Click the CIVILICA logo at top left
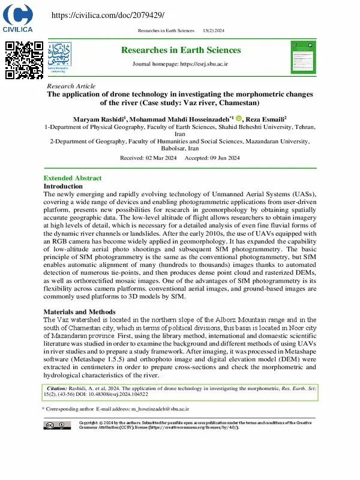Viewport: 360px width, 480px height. [x=18, y=19]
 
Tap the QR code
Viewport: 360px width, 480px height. [x=24, y=60]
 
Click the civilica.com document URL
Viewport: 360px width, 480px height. [x=108, y=15]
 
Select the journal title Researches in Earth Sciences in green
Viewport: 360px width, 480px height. [x=181, y=50]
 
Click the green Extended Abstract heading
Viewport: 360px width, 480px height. [x=73, y=178]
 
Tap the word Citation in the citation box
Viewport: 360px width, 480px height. [x=57, y=389]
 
